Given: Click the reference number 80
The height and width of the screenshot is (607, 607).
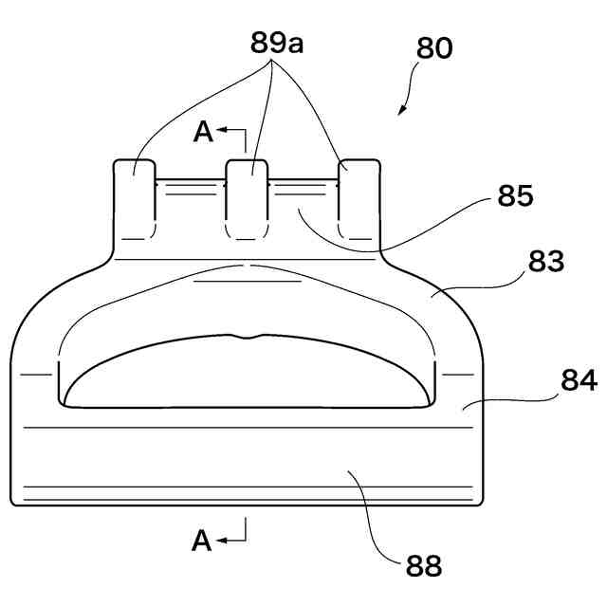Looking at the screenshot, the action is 434,49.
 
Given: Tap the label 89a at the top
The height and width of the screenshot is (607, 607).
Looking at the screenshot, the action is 277,44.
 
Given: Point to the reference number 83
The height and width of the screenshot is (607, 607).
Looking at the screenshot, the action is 544,262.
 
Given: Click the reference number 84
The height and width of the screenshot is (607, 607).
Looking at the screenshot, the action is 578,380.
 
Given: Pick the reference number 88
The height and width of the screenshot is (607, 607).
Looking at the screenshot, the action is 424,566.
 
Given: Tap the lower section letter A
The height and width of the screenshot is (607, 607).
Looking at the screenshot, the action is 201,541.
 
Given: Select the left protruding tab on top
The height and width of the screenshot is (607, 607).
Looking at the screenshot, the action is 135,199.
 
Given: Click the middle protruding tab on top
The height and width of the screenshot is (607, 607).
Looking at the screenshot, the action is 246,199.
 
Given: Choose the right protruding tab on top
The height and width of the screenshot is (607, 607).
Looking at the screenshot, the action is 359,199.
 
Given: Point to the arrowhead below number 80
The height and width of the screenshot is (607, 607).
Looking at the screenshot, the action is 401,110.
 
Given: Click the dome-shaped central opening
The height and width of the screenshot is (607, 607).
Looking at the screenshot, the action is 247,375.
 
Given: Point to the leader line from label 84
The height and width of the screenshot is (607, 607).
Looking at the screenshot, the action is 512,404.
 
